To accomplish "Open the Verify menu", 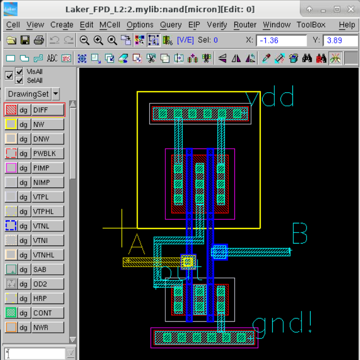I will (217, 25).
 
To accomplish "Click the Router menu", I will (245, 25).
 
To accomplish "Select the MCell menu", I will (109, 25).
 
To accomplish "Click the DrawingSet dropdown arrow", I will (55, 94).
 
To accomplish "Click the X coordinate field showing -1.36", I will (281, 41).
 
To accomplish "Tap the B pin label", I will (299, 234).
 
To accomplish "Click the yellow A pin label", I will (136, 245).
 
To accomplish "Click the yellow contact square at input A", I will (188, 261).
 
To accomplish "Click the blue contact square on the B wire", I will (219, 252).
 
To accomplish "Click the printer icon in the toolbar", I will (39, 41).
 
